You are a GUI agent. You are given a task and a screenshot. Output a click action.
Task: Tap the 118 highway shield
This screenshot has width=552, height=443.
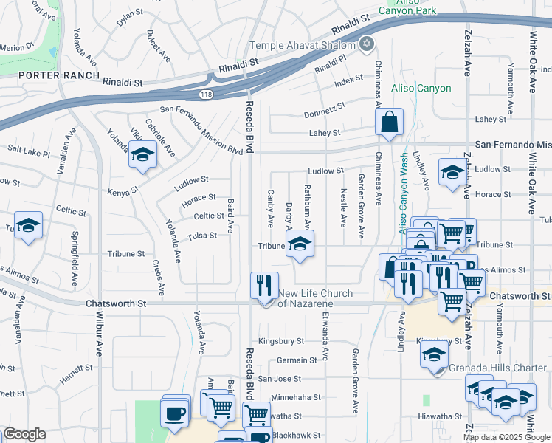[209, 95]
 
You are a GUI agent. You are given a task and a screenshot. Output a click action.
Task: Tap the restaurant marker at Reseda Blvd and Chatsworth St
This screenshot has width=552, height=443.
[263, 285]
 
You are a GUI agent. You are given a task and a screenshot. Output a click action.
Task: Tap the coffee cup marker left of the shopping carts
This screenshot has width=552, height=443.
[175, 414]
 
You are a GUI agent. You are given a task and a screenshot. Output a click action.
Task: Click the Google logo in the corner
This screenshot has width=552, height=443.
[24, 434]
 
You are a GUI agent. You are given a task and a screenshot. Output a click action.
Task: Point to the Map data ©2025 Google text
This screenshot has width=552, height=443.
[506, 437]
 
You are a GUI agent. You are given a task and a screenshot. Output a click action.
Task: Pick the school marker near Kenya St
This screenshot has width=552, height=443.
[142, 156]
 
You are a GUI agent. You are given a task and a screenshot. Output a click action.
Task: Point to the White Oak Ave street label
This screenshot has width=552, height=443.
[531, 63]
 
